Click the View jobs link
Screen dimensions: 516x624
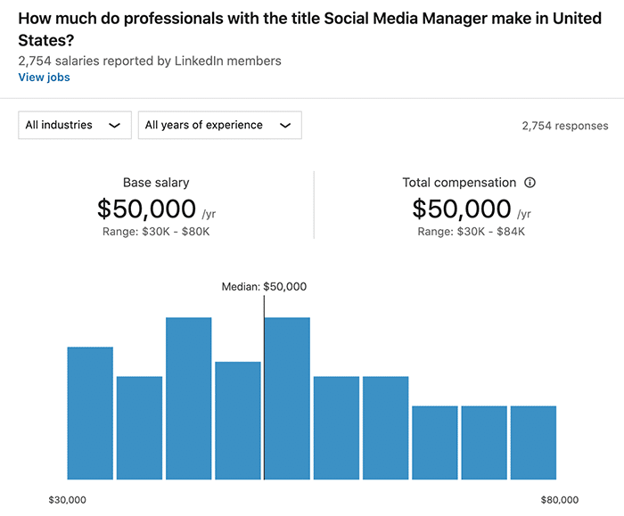(x=44, y=78)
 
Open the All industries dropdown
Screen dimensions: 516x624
(x=74, y=126)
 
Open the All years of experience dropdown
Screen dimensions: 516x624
(x=219, y=126)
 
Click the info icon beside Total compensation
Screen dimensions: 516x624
(x=530, y=183)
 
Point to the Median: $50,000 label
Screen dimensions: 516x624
(x=264, y=287)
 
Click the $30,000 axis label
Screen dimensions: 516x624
(x=68, y=500)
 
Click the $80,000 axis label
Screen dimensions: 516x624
(x=559, y=500)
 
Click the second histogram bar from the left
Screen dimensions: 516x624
(x=139, y=428)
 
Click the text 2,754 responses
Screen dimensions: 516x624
(x=565, y=126)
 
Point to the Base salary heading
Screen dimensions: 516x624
(x=156, y=183)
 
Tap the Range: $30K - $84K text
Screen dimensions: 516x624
(x=472, y=232)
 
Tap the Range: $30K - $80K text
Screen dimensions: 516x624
(x=156, y=232)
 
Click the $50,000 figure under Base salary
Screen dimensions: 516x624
(x=147, y=209)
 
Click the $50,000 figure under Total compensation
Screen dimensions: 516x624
(x=462, y=209)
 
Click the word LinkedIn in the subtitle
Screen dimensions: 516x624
(x=191, y=61)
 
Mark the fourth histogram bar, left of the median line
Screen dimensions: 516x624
(x=238, y=420)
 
